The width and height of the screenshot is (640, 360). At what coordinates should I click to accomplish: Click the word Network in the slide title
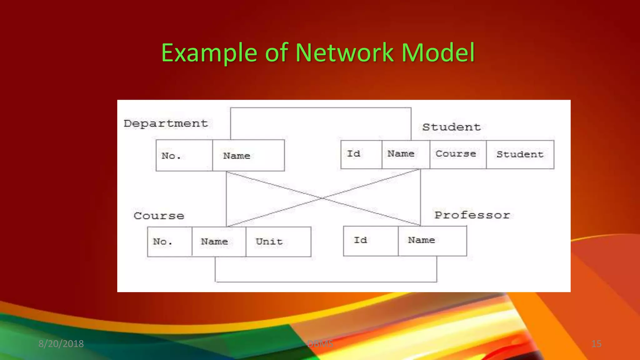(344, 52)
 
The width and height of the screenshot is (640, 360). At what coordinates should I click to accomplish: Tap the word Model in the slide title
(438, 52)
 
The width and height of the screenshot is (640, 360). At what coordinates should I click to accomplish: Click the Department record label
(166, 123)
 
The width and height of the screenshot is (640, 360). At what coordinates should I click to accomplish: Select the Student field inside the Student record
(520, 154)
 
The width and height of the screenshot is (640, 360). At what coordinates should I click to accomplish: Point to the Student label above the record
(451, 127)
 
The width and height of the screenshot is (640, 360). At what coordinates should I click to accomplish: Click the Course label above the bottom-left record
(159, 216)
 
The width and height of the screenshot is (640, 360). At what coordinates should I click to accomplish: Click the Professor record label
(472, 215)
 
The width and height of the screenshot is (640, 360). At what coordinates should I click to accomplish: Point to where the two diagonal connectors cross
(322, 198)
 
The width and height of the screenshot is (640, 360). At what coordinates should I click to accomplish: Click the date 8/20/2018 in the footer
(61, 344)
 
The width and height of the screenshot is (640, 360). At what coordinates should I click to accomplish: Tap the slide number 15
(596, 344)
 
